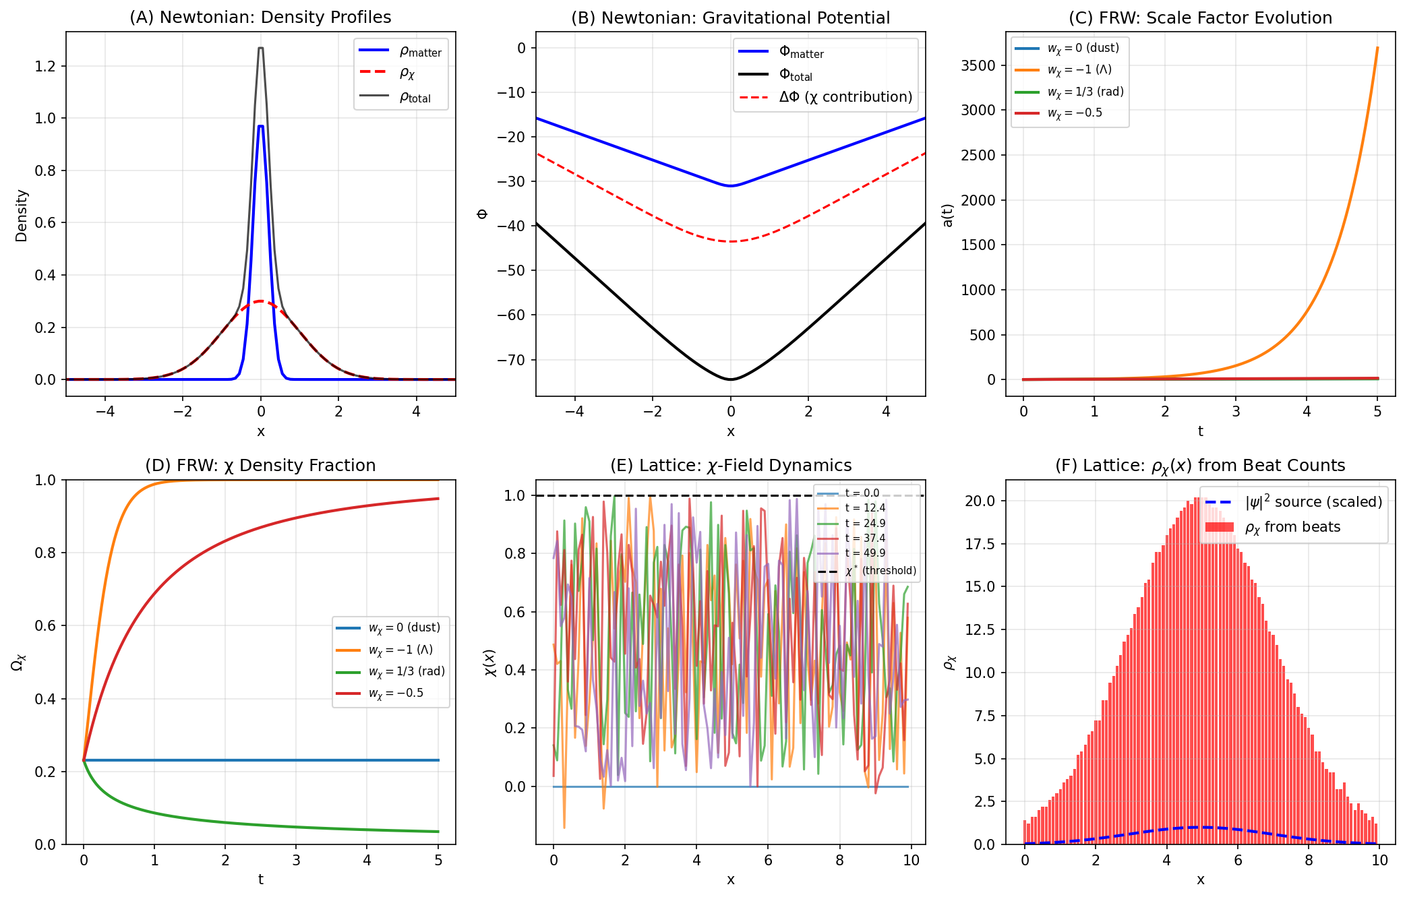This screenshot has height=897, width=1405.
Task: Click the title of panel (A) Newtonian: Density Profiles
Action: pyautogui.click(x=260, y=18)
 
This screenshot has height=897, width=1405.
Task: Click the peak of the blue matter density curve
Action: pyautogui.click(x=261, y=126)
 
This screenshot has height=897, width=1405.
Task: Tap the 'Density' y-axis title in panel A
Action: pyautogui.click(x=22, y=216)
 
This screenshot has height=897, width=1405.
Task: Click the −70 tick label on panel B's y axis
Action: pyautogui.click(x=512, y=360)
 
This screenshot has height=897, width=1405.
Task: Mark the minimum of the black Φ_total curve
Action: pyautogui.click(x=730, y=379)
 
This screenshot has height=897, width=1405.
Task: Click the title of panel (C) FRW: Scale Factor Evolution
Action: pyautogui.click(x=1200, y=18)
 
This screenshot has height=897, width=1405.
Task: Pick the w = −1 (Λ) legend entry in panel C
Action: pyautogui.click(x=1079, y=69)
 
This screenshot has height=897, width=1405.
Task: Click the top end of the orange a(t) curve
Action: pyautogui.click(x=1377, y=48)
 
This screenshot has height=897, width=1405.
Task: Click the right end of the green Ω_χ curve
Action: pyautogui.click(x=438, y=831)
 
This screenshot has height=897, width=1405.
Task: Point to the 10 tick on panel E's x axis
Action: pyautogui.click(x=911, y=860)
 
